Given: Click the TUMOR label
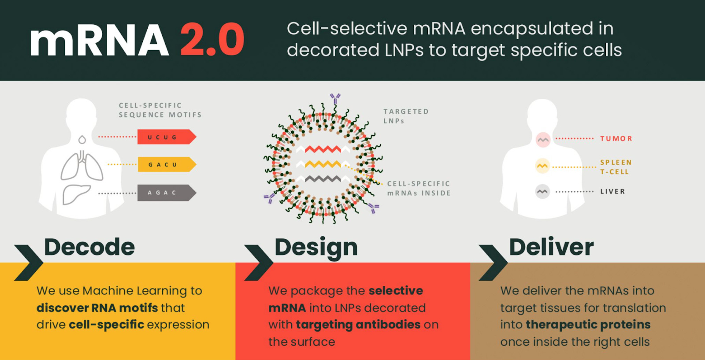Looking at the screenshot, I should pos(616,139).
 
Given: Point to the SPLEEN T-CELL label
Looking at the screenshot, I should pos(616,167).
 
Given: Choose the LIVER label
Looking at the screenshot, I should pos(612,192).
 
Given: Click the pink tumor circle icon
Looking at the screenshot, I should pos(543,140).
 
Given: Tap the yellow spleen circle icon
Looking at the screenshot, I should pos(542,166).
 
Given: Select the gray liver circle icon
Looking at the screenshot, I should pos(542,192).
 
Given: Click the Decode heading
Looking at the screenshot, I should pos(89,247).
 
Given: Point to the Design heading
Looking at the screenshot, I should pos(316,247).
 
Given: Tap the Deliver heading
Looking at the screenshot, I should pos(551,247).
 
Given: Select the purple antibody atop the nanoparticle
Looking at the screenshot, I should pos(335,97).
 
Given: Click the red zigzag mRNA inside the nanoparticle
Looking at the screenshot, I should pos(323,149).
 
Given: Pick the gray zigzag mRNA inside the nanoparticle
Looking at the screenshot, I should pos(323,179).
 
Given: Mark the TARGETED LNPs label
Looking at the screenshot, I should pos(406,116).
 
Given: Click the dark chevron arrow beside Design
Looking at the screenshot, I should pos(259,263).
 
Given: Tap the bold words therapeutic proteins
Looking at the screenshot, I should pos(588,325).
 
